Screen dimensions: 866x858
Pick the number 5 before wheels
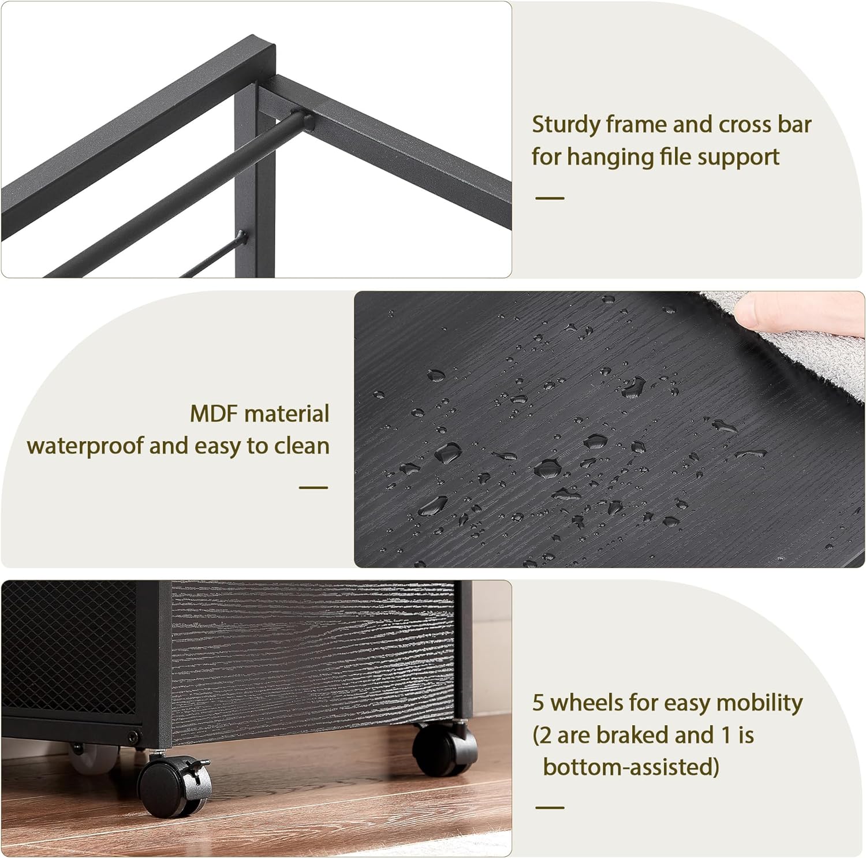pos(538,703)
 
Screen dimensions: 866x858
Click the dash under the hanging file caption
pos(550,198)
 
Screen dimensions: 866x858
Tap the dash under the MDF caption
pos(313,487)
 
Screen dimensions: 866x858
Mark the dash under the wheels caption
pos(550,807)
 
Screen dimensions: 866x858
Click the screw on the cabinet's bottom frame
pos(134,737)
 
